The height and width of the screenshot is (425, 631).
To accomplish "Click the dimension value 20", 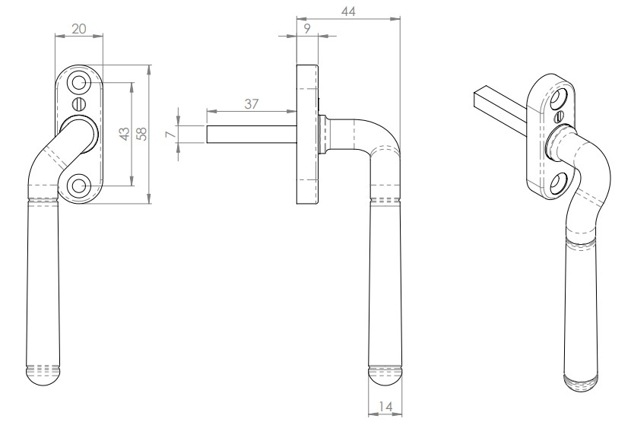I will (78, 28).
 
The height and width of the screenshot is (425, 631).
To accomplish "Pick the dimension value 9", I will (306, 29).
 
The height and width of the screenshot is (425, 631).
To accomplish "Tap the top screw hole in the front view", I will (79, 82).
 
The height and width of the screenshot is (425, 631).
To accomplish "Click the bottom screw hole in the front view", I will (79, 186).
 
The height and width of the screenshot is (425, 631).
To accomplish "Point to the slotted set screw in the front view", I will (79, 103).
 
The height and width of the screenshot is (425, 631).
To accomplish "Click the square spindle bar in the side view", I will (251, 133).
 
